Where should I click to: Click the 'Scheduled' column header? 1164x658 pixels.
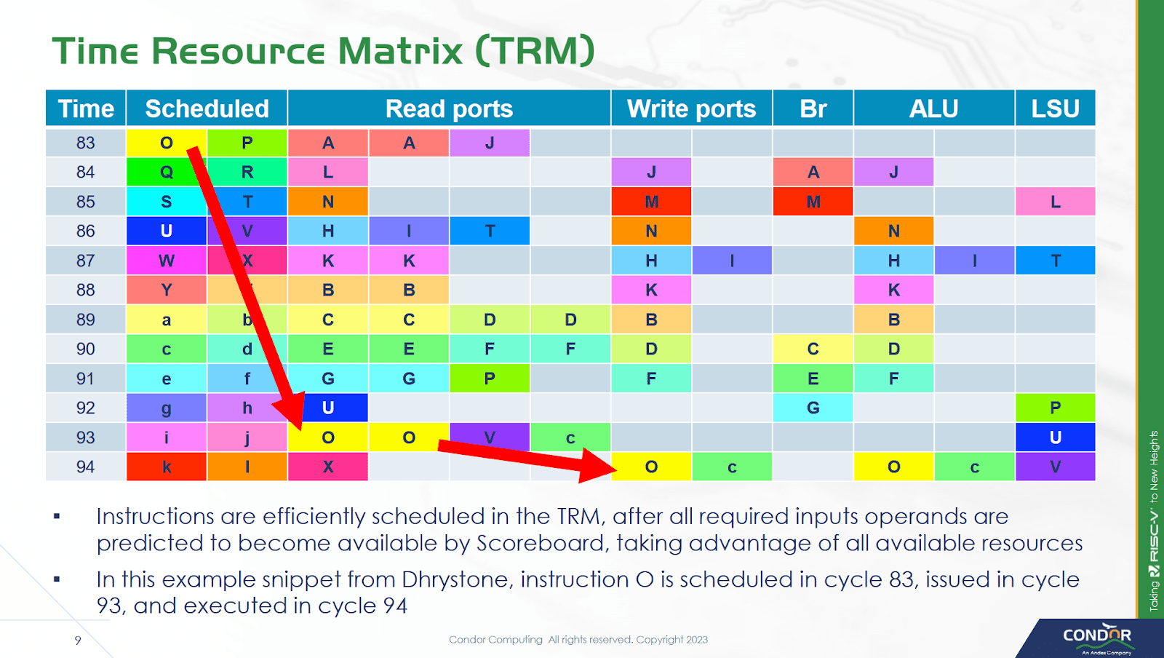[x=207, y=108]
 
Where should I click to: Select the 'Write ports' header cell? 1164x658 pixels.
[x=691, y=108]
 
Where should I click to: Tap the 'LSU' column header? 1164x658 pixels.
[x=1055, y=108]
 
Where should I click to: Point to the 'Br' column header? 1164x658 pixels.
[x=813, y=108]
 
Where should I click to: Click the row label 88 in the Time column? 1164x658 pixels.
[x=86, y=290]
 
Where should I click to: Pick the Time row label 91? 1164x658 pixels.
[x=86, y=378]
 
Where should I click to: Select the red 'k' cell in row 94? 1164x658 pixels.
[x=167, y=467]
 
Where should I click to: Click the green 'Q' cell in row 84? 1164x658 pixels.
[x=167, y=172]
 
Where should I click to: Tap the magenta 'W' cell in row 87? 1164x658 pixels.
[x=167, y=261]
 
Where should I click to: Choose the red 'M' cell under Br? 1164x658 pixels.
[x=813, y=202]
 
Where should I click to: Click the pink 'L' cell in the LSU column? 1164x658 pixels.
[x=1055, y=202]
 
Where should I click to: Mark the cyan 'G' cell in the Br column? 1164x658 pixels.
[x=813, y=408]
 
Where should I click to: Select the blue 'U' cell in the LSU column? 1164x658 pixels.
[x=1055, y=437]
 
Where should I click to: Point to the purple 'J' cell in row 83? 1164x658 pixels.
[x=490, y=143]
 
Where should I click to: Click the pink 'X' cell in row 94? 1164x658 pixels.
[x=328, y=467]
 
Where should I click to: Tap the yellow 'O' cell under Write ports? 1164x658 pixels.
[x=651, y=467]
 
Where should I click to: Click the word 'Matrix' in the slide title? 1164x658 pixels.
[x=401, y=51]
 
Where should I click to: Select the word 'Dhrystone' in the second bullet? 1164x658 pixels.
[x=458, y=579]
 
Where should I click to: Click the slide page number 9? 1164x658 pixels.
[x=78, y=640]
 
